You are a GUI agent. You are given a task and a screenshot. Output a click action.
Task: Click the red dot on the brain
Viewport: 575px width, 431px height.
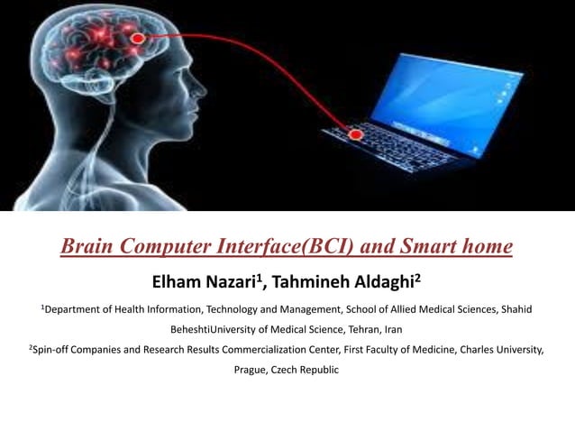[138, 38]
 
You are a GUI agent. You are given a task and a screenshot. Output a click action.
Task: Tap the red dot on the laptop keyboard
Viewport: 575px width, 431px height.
[355, 135]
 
